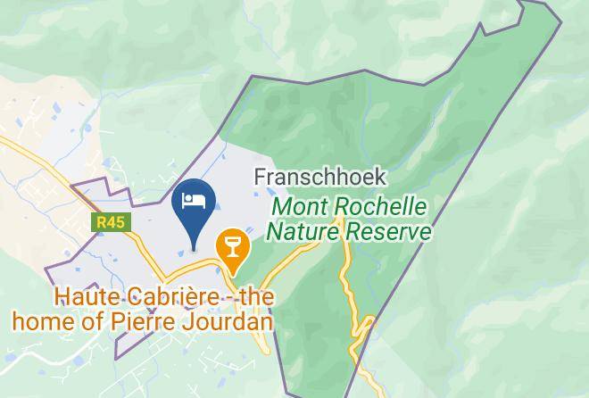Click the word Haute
click(x=82, y=295)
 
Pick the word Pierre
click(x=162, y=319)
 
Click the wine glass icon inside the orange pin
click(x=232, y=241)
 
